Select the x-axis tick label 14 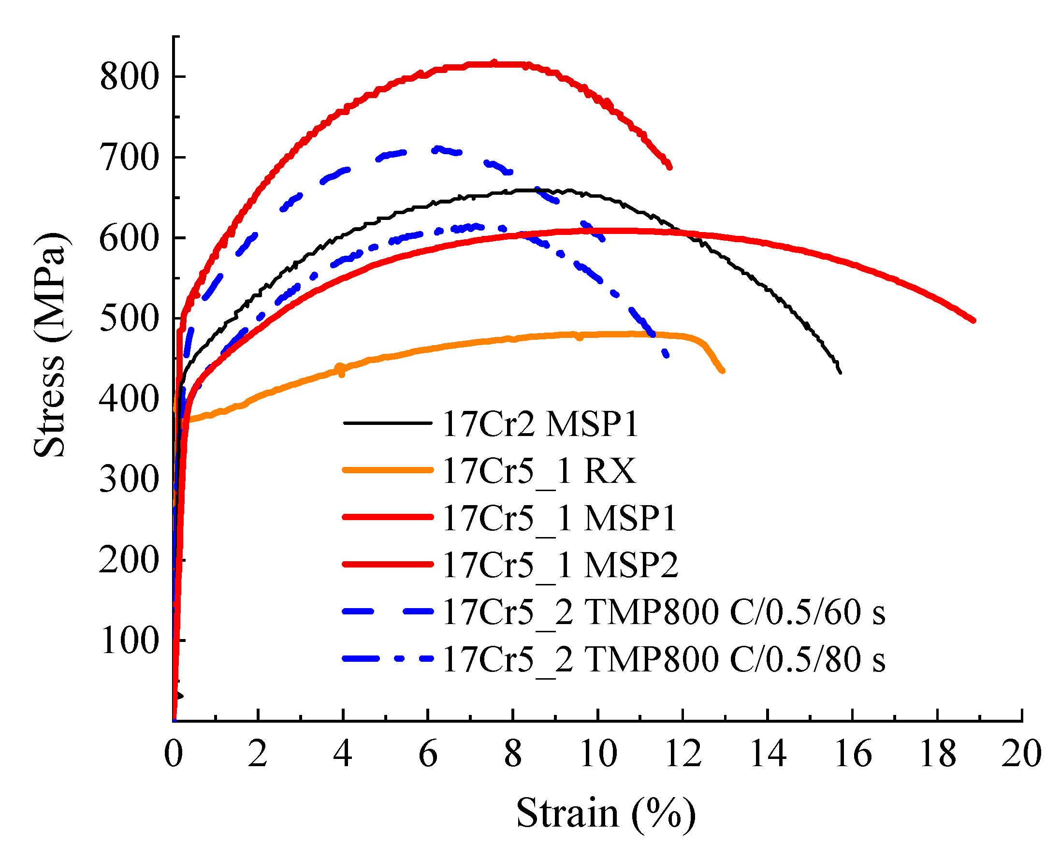coord(768,754)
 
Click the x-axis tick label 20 coord(1022,754)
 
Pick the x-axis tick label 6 coord(428,754)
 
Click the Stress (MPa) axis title coord(49,344)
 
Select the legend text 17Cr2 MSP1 coord(540,423)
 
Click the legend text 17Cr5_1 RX coord(539,470)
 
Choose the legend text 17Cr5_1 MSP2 coord(560,565)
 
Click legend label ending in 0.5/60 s coord(664,612)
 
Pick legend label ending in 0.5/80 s coord(664,659)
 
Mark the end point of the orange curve coord(723,371)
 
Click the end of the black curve coord(841,372)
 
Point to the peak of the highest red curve coord(494,63)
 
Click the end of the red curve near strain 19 coord(973,320)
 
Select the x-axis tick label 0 coord(173,754)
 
